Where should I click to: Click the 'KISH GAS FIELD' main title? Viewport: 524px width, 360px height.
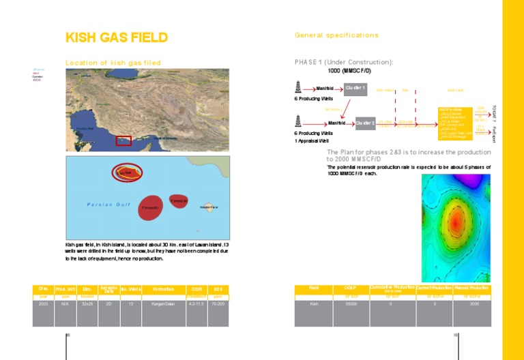tap(116, 38)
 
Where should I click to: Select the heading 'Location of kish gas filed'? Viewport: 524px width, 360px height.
tap(113, 63)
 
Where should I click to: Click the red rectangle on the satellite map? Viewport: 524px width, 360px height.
tap(123, 141)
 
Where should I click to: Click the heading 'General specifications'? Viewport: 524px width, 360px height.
tap(336, 35)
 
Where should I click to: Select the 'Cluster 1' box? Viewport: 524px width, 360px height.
tap(355, 88)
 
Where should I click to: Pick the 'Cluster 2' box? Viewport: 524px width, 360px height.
tap(365, 123)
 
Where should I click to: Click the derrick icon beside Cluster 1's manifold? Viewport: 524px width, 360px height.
tap(297, 87)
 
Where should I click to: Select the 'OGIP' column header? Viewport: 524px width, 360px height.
tap(351, 289)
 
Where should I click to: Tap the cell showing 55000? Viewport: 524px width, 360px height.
tap(351, 304)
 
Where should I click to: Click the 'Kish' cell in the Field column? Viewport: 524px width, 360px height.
tap(314, 304)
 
